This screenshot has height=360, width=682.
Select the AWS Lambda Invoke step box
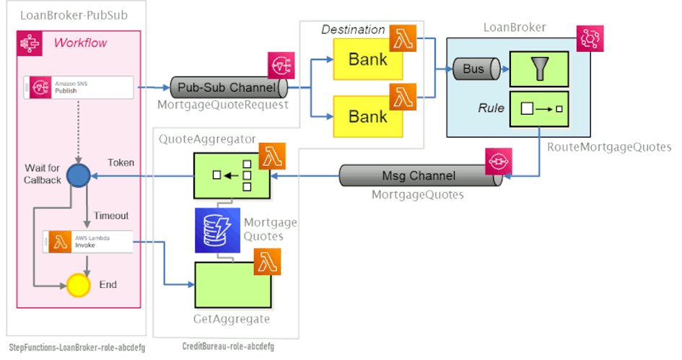(x=87, y=241)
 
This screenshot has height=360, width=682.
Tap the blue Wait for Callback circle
(x=77, y=175)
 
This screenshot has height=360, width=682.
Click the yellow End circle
(x=77, y=285)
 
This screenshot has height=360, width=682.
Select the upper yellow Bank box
(x=367, y=59)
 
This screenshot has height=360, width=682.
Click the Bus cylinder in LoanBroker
(x=475, y=69)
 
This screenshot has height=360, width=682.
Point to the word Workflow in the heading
(x=81, y=43)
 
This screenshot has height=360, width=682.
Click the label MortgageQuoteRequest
(x=222, y=106)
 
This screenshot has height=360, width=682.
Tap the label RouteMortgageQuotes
(x=608, y=147)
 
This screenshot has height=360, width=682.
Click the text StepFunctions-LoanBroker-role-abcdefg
(x=76, y=347)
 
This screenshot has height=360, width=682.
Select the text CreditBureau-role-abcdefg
(x=228, y=347)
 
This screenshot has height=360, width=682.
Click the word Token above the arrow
(x=121, y=163)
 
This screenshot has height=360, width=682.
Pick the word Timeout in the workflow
(x=111, y=216)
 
